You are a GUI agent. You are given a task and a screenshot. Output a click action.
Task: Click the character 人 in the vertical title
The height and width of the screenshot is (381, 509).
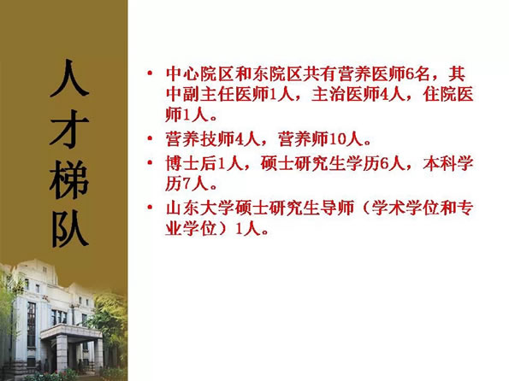tap(69, 78)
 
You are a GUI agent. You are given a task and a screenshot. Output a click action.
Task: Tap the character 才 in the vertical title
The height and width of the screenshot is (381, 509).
tap(69, 129)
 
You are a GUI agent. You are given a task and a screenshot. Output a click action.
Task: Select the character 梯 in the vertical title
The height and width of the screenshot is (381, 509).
tap(69, 179)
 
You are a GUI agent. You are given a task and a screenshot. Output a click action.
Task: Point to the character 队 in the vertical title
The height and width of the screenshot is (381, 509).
tap(70, 229)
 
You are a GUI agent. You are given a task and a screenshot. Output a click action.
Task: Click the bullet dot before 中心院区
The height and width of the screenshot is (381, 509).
tap(150, 73)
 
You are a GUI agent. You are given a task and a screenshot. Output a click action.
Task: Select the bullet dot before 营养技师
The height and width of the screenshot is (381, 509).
tap(150, 138)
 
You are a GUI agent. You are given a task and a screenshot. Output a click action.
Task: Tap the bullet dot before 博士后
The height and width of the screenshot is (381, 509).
tap(150, 162)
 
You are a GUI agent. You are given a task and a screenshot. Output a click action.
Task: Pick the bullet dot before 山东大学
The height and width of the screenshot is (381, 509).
tap(150, 207)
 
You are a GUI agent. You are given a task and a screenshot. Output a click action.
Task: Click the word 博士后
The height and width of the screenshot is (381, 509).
tap(191, 163)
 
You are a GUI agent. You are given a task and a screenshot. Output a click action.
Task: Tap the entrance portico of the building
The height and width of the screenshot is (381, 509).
tap(72, 347)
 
